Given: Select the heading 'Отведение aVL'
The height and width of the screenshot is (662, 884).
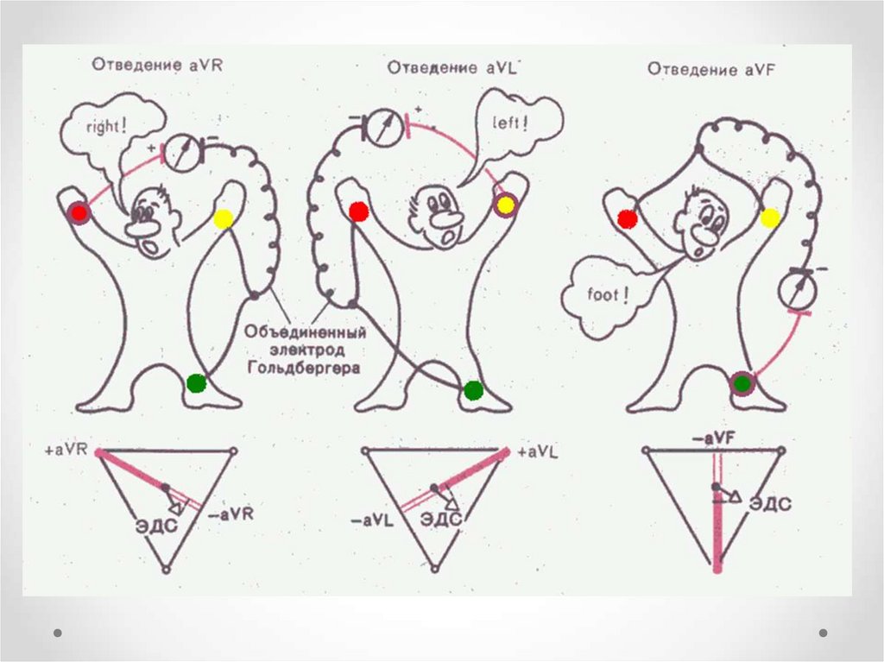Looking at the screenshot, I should click(x=451, y=67).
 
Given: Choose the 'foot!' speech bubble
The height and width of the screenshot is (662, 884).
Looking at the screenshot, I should click(x=604, y=296).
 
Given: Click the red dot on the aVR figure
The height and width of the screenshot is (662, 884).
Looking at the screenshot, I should click(x=80, y=212).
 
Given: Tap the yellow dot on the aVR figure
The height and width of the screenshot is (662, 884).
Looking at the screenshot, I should click(x=224, y=218).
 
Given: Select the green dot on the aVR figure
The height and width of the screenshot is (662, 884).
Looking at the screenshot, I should click(x=197, y=381).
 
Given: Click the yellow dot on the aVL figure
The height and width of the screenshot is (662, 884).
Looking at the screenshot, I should click(x=504, y=205).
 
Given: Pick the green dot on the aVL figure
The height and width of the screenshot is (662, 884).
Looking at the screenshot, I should click(x=472, y=390).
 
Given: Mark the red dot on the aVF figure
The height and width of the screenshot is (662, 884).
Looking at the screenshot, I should click(x=628, y=219).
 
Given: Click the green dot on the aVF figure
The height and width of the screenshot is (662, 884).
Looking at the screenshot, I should click(x=741, y=383).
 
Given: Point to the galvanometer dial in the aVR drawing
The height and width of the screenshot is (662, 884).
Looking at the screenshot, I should click(x=182, y=152).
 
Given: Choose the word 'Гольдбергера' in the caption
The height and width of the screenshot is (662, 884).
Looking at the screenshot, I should click(x=303, y=368).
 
